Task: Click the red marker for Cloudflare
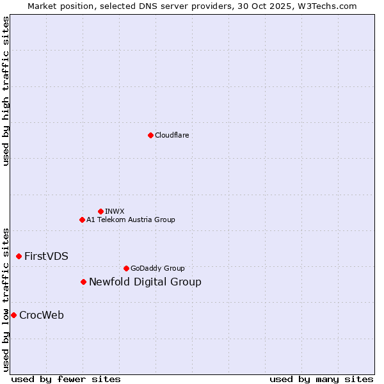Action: click(x=150, y=135)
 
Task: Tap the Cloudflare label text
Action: click(x=172, y=135)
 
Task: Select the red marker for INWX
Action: click(x=100, y=211)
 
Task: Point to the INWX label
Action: click(x=115, y=211)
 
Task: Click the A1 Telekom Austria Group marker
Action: click(x=82, y=220)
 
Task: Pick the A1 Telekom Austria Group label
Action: click(x=131, y=220)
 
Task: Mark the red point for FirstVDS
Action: click(x=19, y=256)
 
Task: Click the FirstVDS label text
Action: click(x=46, y=256)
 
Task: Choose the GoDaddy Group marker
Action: click(x=126, y=268)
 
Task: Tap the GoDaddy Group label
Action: click(x=157, y=268)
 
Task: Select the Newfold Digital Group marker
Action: click(x=83, y=282)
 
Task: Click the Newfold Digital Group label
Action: click(x=145, y=282)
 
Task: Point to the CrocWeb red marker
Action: click(x=13, y=315)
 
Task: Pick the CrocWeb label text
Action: click(x=42, y=315)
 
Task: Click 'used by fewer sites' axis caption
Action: click(x=66, y=379)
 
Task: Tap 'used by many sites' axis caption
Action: click(x=321, y=379)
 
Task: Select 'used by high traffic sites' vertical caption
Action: click(x=6, y=91)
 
